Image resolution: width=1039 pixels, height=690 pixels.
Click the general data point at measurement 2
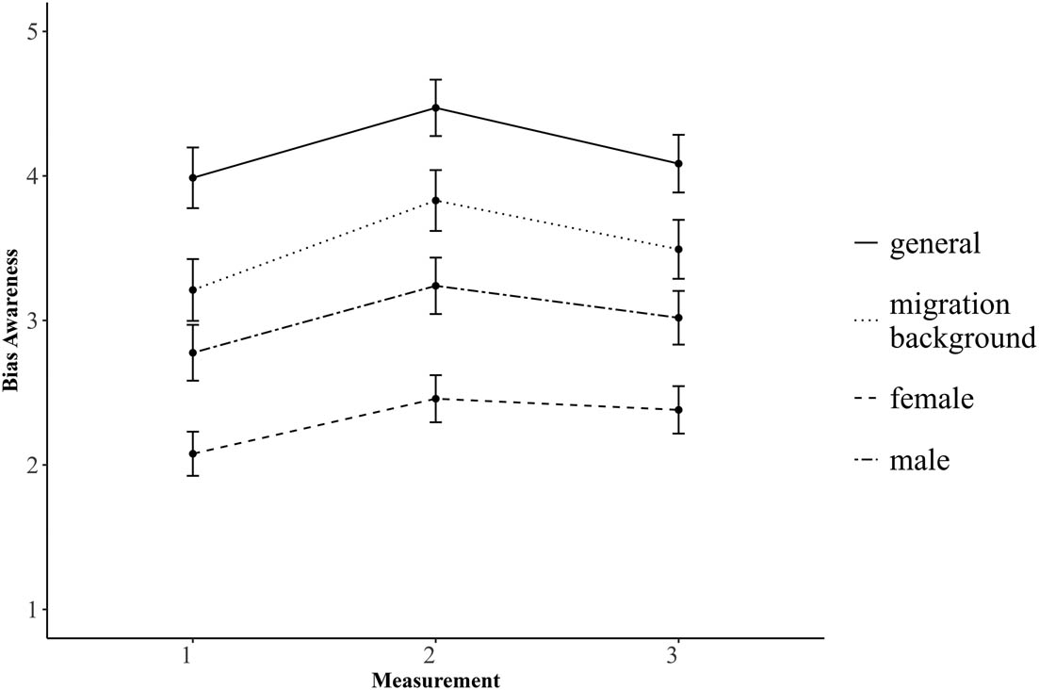[434, 107]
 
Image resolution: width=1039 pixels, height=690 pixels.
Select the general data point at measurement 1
[192, 177]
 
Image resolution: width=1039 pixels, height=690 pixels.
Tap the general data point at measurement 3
[677, 163]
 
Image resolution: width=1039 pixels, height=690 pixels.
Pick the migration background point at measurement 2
[434, 201]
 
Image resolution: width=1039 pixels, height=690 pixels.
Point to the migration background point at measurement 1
[192, 289]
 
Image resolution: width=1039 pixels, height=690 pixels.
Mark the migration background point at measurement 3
[677, 249]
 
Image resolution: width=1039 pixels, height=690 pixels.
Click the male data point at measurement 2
[434, 286]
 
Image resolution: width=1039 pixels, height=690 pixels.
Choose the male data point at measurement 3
[677, 318]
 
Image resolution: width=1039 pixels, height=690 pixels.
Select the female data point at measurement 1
[192, 453]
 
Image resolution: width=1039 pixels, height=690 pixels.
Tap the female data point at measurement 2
[434, 399]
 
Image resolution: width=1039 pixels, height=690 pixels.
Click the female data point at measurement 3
[677, 410]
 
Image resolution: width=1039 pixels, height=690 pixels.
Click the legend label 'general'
[935, 243]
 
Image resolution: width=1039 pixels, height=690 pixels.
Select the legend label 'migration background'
[962, 321]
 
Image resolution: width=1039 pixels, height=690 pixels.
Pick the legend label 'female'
[932, 399]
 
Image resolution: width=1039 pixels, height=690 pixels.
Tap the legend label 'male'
[920, 461]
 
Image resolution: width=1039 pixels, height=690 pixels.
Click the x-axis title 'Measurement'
[434, 679]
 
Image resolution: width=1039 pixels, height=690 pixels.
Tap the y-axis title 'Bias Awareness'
[13, 321]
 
